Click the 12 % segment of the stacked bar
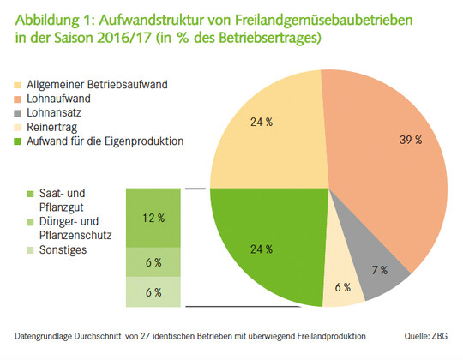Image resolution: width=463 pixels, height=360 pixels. (153, 218)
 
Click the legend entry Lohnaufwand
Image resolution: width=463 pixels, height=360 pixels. (69, 99)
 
